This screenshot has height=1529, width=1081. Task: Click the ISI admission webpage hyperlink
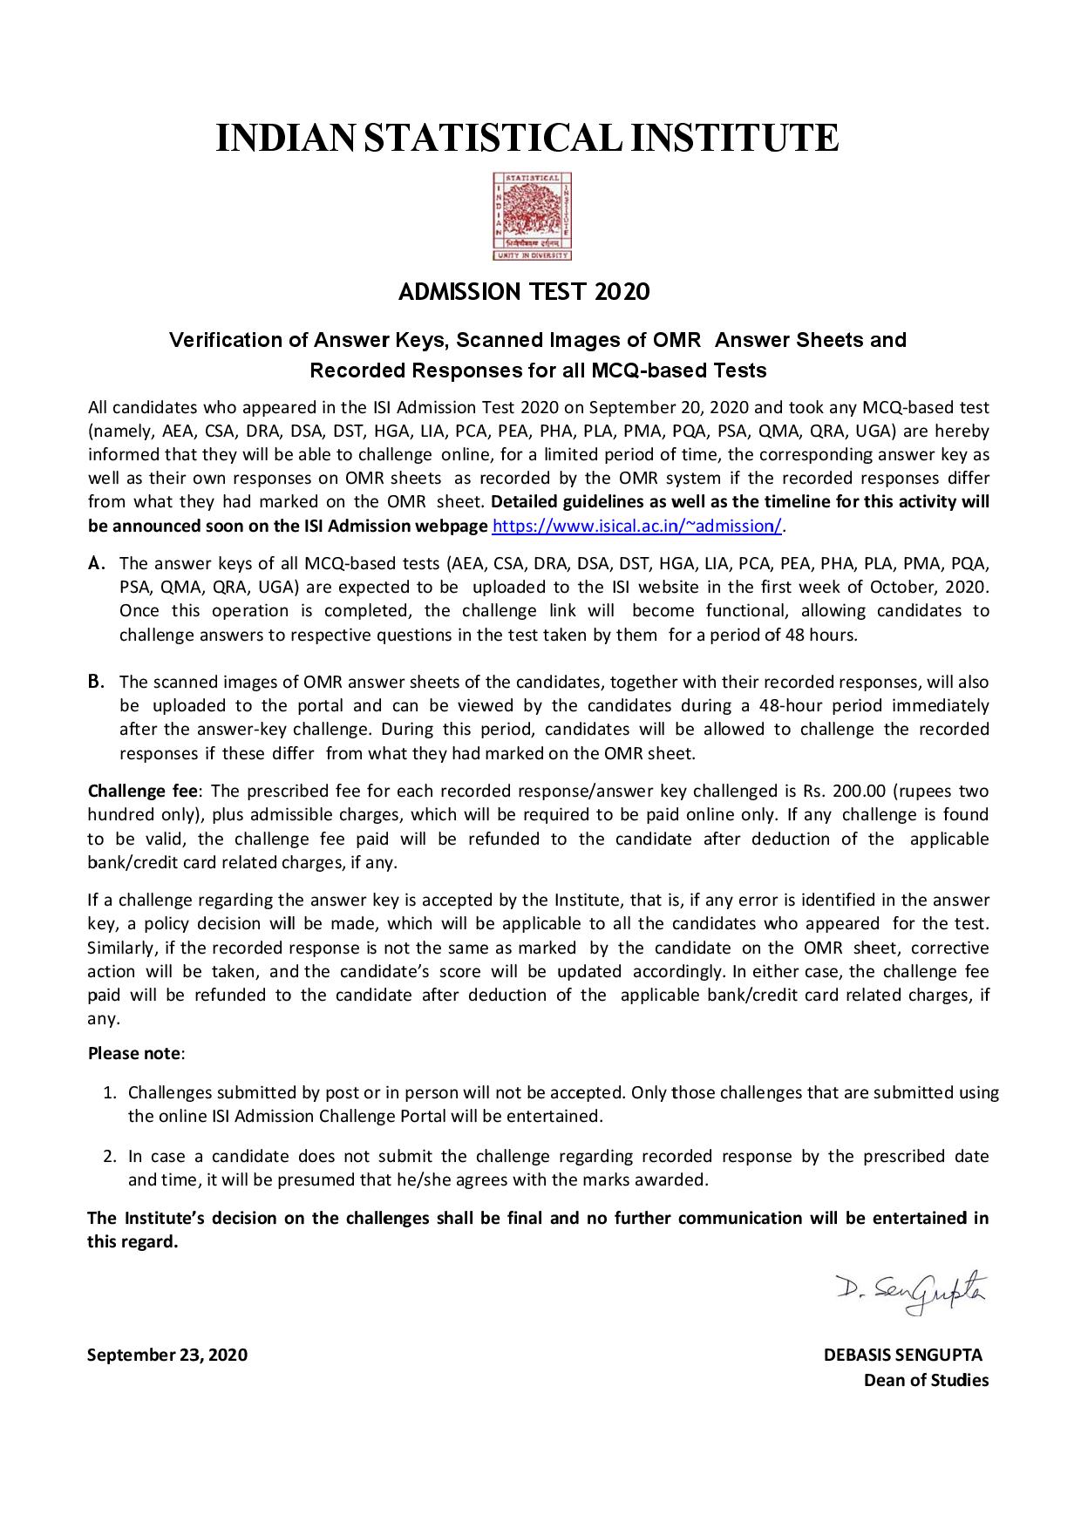[x=638, y=526]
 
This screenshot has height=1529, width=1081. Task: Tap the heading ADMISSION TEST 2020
[x=524, y=292]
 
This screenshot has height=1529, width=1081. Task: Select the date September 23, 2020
[x=167, y=1356]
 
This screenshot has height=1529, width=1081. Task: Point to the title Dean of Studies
[x=926, y=1380]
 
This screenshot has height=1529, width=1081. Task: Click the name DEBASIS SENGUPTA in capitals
[x=902, y=1356]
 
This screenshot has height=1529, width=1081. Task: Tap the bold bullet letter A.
[x=97, y=563]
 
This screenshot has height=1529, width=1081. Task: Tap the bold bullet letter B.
[x=96, y=682]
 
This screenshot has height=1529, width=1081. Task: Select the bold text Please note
[x=134, y=1053]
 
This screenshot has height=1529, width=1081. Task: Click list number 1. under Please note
[x=110, y=1092]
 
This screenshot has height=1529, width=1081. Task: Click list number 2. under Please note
[x=110, y=1157]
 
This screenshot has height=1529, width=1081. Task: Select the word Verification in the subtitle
[x=227, y=339]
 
